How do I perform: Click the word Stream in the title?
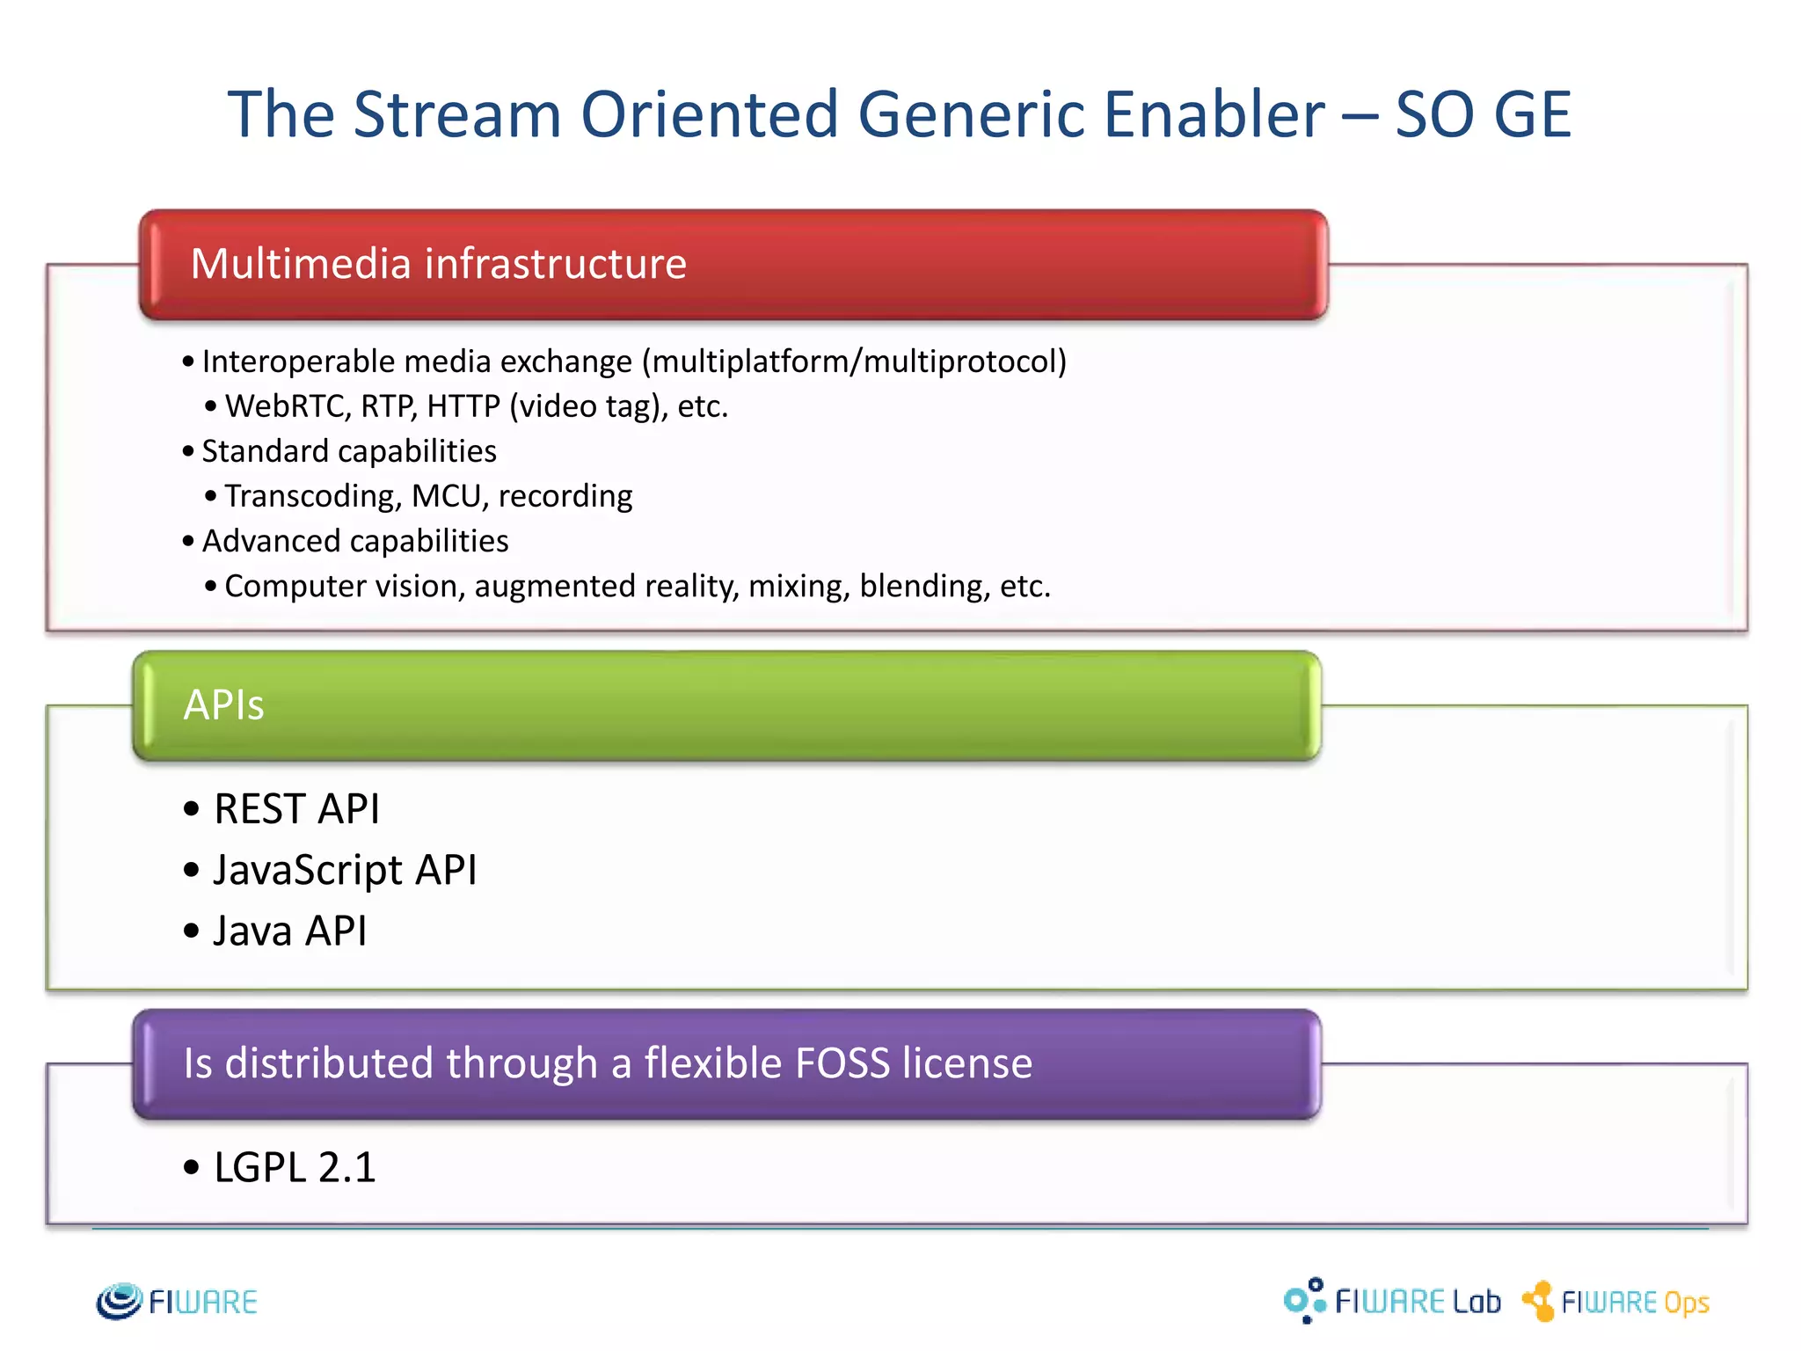[456, 114]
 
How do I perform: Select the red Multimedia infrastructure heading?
[438, 264]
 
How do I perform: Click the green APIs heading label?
[223, 705]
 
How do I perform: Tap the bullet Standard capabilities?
[349, 451]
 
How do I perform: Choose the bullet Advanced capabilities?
[354, 541]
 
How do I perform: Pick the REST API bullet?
[296, 809]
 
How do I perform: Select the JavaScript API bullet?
[345, 870]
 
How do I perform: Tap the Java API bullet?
[289, 931]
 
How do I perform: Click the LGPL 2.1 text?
[295, 1167]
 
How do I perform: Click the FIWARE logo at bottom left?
[177, 1302]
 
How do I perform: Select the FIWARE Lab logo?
[1392, 1301]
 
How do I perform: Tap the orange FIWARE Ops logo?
[1616, 1302]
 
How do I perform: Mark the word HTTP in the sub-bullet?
[463, 406]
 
